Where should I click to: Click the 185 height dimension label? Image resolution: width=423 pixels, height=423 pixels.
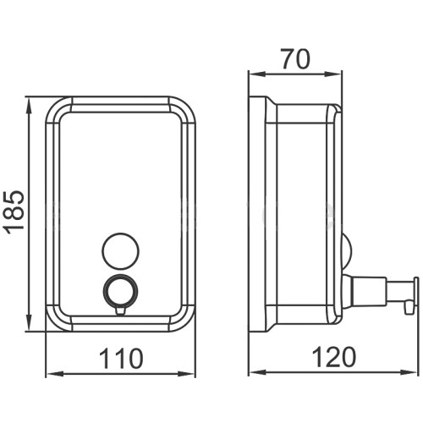14,212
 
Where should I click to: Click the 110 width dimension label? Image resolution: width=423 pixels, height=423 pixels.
121,358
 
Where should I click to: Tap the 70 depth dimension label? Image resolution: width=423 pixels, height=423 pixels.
295,59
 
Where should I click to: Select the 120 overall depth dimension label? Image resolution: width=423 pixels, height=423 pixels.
333,357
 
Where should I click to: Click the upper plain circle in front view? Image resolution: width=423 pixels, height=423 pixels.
121,250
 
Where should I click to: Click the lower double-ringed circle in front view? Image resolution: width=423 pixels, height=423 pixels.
121,291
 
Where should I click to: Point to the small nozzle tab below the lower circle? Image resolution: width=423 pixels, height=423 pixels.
121,310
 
